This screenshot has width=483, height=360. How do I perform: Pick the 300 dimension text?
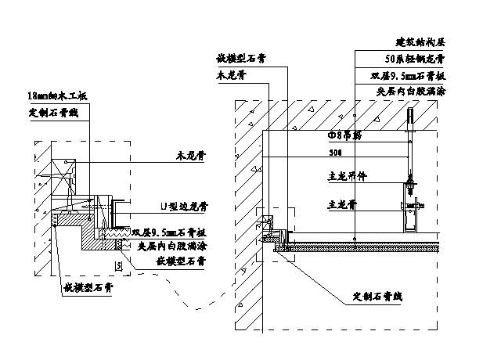click(x=335, y=153)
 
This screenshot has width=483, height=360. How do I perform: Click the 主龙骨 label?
click(x=341, y=204)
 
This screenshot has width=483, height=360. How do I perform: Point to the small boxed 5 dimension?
click(x=118, y=267)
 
